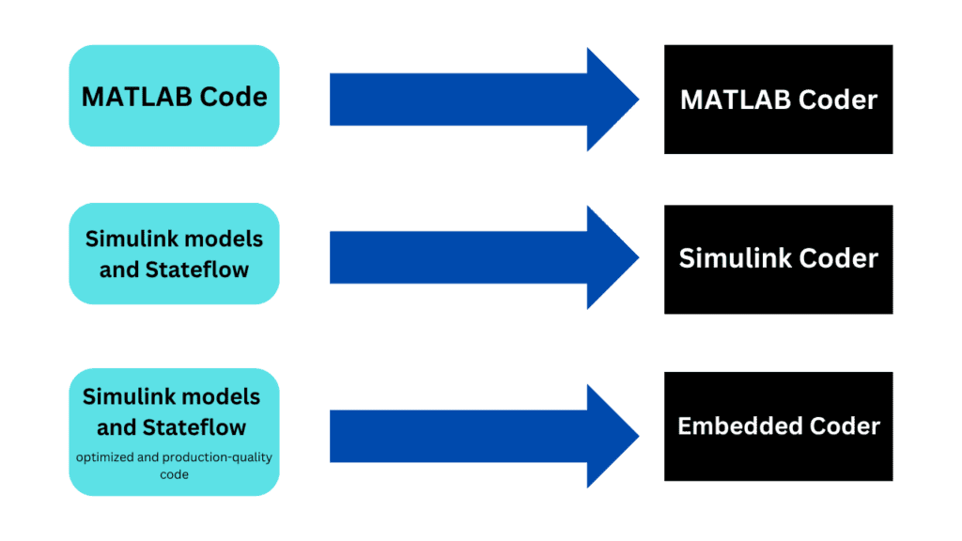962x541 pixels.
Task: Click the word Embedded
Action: [x=736, y=426]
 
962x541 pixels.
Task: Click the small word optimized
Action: [x=107, y=457]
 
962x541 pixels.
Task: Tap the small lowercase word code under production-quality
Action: [x=174, y=474]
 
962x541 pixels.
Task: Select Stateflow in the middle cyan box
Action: [x=197, y=270]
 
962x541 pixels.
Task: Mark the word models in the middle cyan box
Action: [x=228, y=239]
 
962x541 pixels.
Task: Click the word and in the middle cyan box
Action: [x=119, y=270]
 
